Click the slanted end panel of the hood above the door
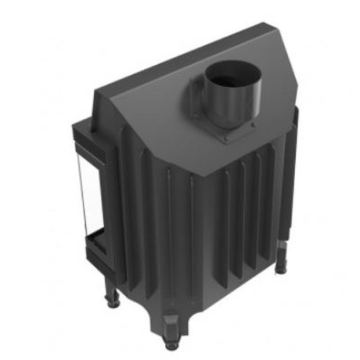point(108,115)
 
